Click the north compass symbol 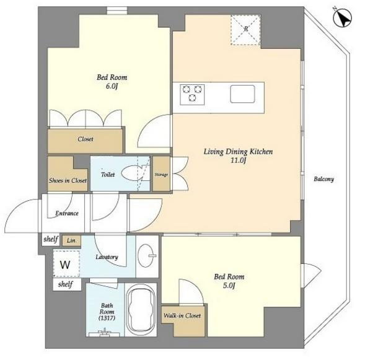343,17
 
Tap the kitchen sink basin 242,94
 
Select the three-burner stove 192,94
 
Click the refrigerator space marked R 245,30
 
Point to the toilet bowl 133,173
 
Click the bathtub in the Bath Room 141,310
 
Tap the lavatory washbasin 146,255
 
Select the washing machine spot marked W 66,263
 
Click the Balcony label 324,179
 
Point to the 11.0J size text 238,160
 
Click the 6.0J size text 112,86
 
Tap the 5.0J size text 229,285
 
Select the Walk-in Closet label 182,315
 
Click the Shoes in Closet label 68,180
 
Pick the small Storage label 161,174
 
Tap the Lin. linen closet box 71,240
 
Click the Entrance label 67,213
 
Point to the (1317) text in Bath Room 107,318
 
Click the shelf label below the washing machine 66,284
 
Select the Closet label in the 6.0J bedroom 85,139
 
